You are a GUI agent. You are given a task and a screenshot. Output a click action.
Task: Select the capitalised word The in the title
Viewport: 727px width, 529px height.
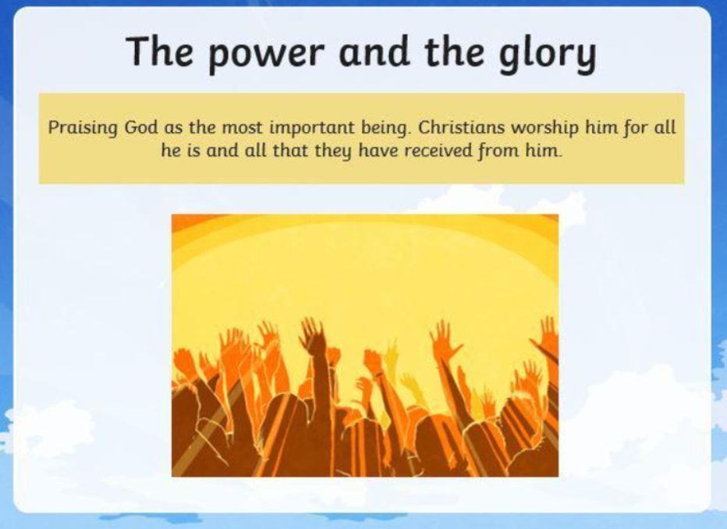[159, 51]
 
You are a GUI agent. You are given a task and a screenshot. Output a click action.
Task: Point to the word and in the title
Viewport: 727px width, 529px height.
[374, 51]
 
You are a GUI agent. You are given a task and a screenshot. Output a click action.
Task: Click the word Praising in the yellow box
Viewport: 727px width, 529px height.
[83, 128]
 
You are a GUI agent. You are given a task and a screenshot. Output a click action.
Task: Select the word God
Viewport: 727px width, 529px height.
[141, 126]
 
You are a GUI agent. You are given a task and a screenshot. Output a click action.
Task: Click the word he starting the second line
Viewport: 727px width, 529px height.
[171, 151]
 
